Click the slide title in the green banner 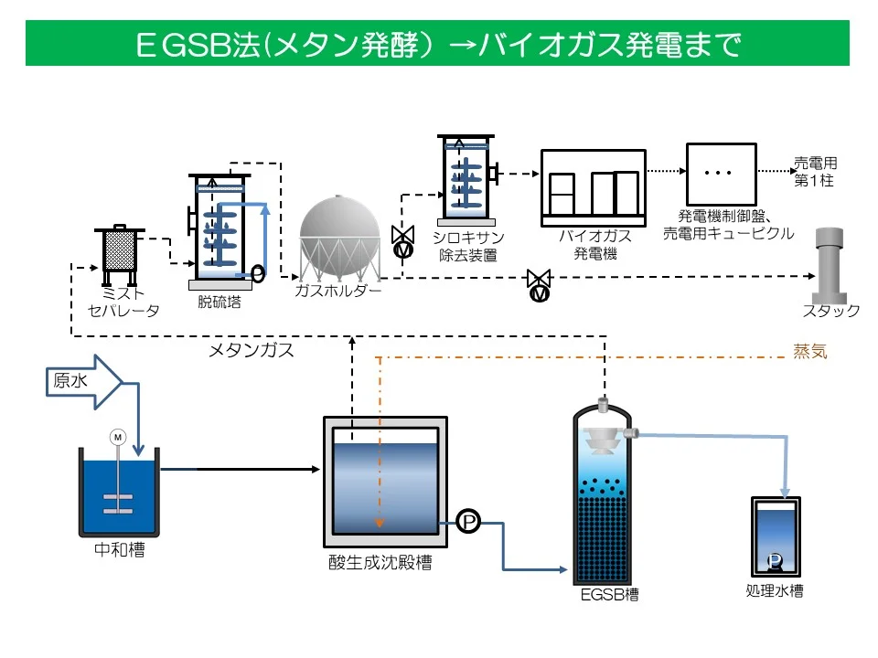pos(437,44)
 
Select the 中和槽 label pos(119,551)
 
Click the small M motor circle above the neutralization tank pos(117,438)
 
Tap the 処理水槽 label pos(774,591)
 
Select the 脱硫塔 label pos(219,302)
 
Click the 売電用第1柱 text pos(814,172)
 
